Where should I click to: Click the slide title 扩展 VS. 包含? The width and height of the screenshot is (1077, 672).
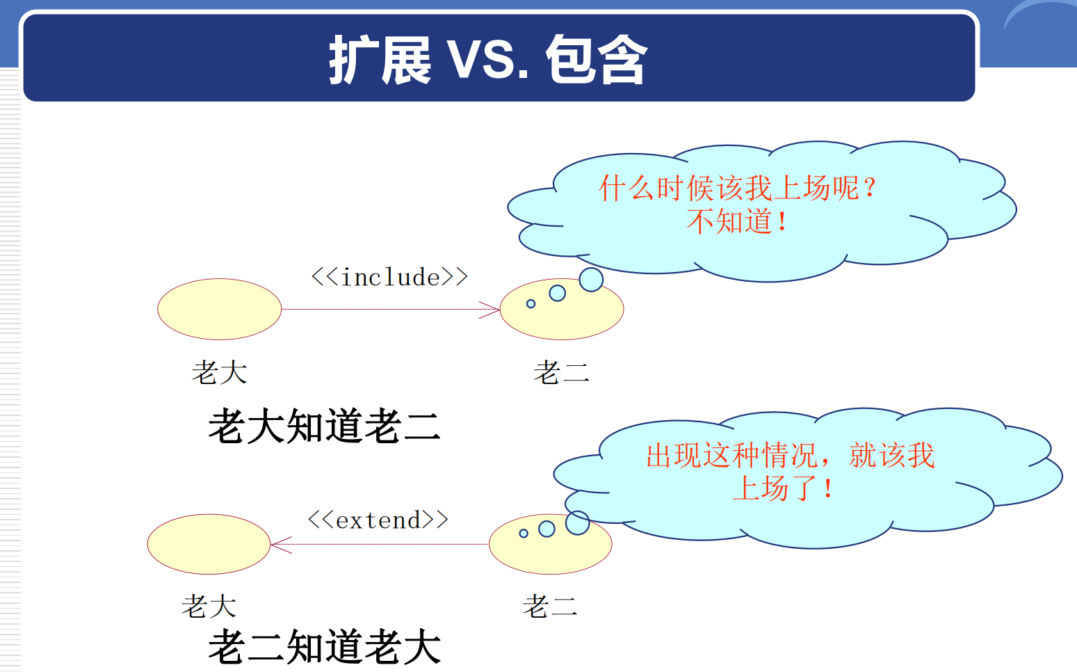(x=488, y=60)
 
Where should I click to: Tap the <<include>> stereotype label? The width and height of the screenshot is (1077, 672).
(x=389, y=277)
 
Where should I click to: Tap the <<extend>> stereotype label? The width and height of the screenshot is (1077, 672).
(x=378, y=520)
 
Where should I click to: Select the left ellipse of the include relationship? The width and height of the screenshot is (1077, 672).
(x=219, y=309)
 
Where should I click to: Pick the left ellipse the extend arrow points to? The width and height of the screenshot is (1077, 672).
(x=209, y=544)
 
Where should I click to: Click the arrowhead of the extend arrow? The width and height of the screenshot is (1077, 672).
(x=277, y=544)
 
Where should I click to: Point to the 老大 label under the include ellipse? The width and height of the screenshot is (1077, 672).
(x=220, y=372)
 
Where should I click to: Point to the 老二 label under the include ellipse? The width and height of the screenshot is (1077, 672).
(x=561, y=373)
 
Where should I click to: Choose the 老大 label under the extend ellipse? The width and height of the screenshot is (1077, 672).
(x=209, y=606)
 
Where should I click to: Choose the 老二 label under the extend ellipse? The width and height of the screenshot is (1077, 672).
(x=550, y=606)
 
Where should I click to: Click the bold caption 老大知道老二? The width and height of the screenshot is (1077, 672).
(x=325, y=426)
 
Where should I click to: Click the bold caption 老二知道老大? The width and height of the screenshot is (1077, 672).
(x=325, y=647)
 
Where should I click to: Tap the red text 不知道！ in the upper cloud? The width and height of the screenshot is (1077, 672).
(x=738, y=221)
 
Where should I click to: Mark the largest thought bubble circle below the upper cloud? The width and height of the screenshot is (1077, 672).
(x=591, y=280)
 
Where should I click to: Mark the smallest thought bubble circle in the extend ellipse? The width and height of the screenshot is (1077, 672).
(x=524, y=534)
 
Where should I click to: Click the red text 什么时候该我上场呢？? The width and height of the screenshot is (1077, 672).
(x=738, y=188)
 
